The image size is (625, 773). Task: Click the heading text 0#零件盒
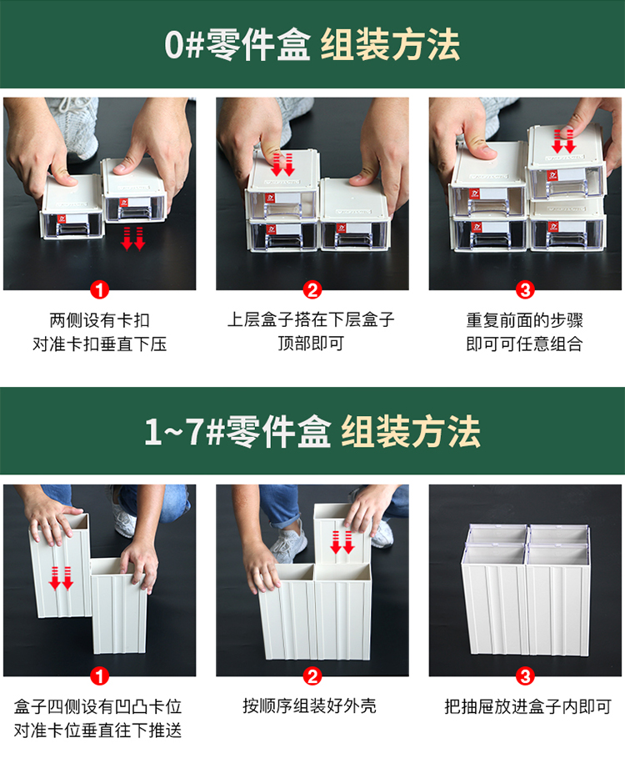tap(237, 44)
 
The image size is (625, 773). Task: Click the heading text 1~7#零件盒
tap(237, 431)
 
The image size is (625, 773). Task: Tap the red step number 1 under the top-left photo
tap(99, 290)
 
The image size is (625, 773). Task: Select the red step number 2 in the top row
tap(312, 290)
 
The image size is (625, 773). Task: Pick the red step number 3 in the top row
tap(525, 290)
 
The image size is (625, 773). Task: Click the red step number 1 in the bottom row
tap(99, 676)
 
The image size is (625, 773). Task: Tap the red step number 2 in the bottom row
tap(312, 676)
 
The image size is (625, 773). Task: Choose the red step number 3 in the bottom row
tap(525, 676)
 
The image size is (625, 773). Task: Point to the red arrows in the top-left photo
tap(133, 238)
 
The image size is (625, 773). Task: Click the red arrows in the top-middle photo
tap(282, 164)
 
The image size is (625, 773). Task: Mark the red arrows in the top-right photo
tap(564, 142)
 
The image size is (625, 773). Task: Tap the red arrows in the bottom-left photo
tap(61, 579)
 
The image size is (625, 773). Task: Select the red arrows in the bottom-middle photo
tap(342, 542)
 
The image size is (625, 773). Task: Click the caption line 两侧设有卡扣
tap(99, 320)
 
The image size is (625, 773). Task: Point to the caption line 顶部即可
tap(311, 343)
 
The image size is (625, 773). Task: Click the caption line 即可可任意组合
tap(524, 344)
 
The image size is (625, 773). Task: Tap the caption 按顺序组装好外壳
tap(309, 706)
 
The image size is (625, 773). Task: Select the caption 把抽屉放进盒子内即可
tap(528, 706)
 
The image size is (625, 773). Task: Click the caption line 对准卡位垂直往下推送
tap(97, 730)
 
